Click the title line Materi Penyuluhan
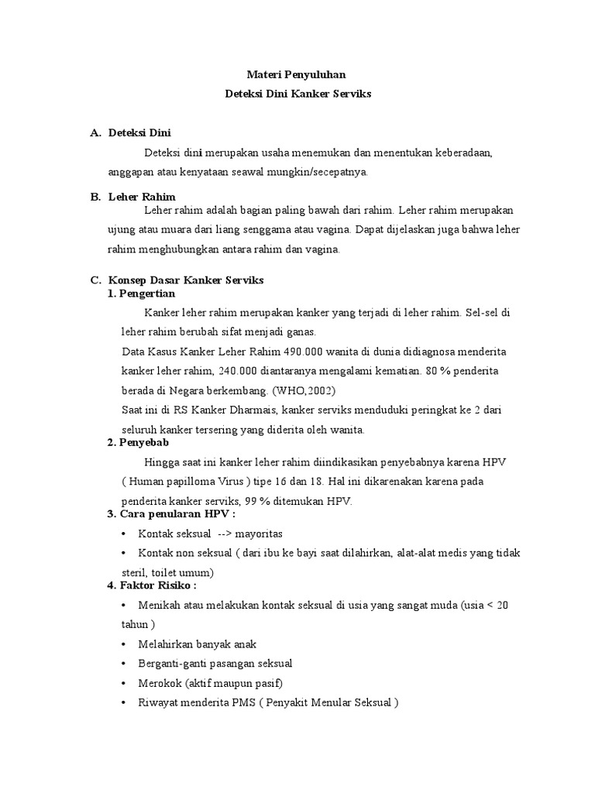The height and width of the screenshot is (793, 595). tap(297, 74)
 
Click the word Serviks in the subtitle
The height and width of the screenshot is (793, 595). tap(351, 94)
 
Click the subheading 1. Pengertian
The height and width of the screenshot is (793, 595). tap(141, 294)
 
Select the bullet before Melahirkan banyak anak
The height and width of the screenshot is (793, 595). tap(125, 644)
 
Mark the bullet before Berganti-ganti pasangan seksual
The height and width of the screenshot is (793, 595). tap(125, 664)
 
